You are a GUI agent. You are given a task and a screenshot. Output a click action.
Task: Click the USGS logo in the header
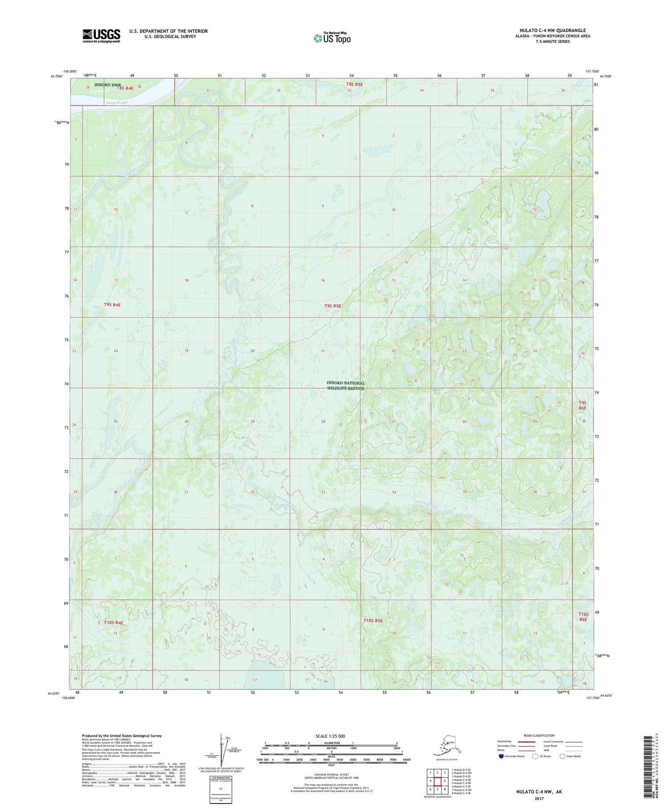click(x=101, y=36)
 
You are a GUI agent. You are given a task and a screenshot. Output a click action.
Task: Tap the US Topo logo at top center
click(x=332, y=38)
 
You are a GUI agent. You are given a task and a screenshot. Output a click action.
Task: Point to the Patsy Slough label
click(x=117, y=103)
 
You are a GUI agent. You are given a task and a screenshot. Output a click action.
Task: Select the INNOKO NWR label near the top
click(x=107, y=84)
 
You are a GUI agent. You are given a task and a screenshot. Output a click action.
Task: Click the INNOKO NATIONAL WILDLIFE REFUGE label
click(x=346, y=386)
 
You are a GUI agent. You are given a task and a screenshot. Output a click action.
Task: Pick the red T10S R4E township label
click(x=113, y=623)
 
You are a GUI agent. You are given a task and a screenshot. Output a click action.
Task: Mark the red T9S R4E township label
click(x=112, y=305)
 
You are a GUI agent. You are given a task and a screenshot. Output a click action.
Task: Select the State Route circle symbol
click(x=562, y=756)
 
